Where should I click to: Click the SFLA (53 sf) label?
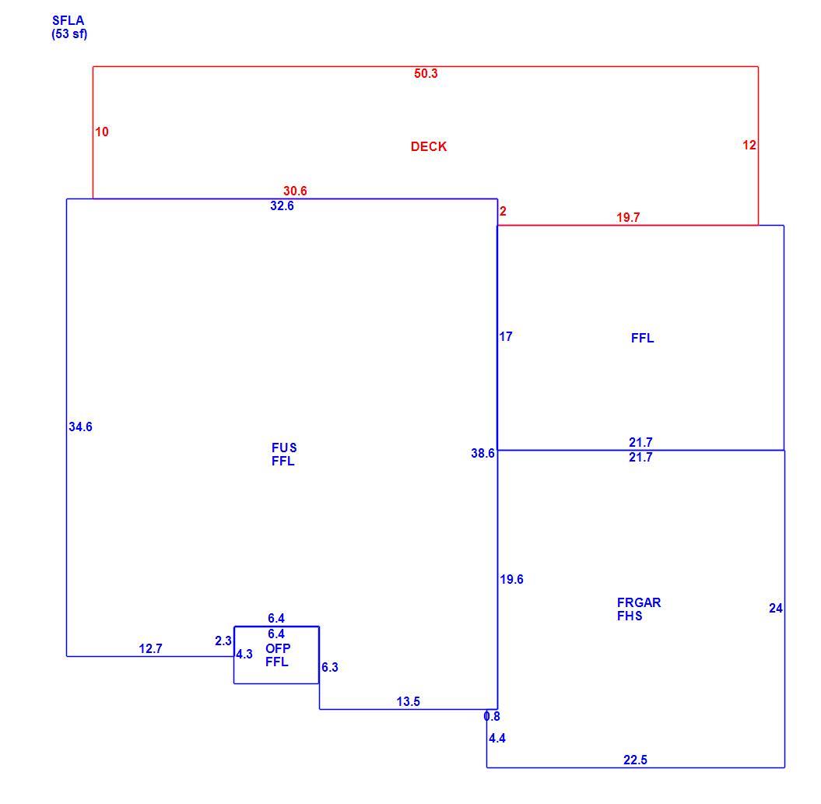(x=69, y=27)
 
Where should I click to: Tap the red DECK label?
(x=429, y=146)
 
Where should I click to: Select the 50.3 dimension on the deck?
(x=426, y=73)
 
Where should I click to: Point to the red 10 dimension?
(x=102, y=132)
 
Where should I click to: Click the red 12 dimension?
(x=749, y=145)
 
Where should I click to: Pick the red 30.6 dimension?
(x=295, y=191)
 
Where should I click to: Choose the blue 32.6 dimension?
(x=282, y=205)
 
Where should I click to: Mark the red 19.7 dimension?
(x=628, y=217)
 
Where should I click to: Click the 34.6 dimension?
(x=80, y=427)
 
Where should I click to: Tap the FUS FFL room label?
(x=284, y=454)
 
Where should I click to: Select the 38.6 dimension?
(x=482, y=454)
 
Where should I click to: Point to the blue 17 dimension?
(x=506, y=336)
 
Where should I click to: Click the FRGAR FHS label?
(x=639, y=609)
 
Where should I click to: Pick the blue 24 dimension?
(x=776, y=608)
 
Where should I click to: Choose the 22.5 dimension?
(x=635, y=760)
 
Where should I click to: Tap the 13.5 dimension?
(x=409, y=701)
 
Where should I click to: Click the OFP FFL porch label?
(x=278, y=655)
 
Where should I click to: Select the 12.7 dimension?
(x=150, y=649)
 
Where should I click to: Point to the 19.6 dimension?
(x=511, y=579)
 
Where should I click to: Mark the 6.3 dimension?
(x=330, y=667)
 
